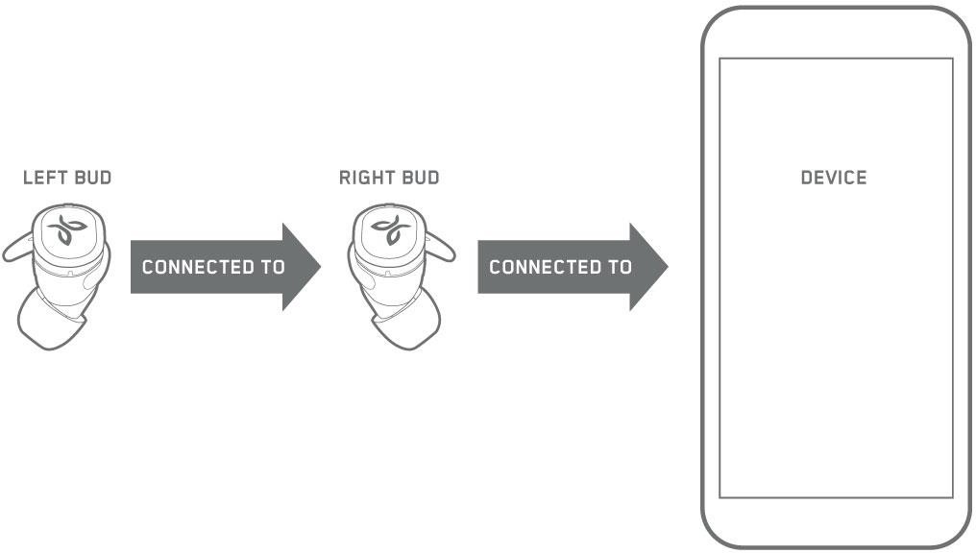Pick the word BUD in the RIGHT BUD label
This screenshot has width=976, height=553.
(x=420, y=178)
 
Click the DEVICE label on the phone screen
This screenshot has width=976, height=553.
(x=834, y=178)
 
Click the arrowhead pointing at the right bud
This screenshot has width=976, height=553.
(x=301, y=267)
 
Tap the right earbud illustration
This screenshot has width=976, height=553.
(x=394, y=274)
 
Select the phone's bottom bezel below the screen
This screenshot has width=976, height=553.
(x=836, y=523)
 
